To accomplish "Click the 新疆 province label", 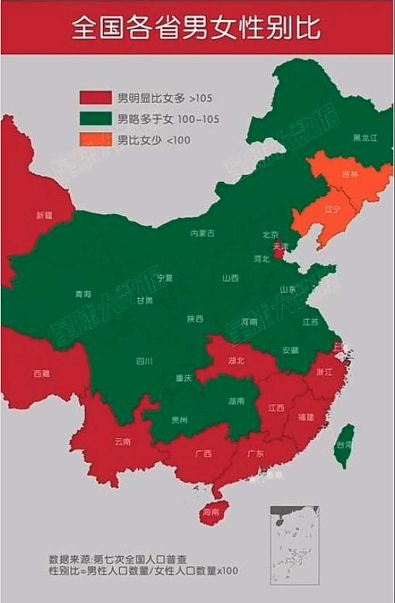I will click(x=44, y=216).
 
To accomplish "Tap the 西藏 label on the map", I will click(x=42, y=374).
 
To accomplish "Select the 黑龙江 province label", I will click(x=366, y=138).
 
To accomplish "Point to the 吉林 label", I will click(x=350, y=174).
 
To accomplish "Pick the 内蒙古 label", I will click(x=203, y=233).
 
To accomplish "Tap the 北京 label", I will click(x=271, y=235).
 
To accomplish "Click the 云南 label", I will click(x=123, y=442).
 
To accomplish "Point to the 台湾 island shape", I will click(x=346, y=445).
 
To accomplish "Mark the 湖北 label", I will click(x=236, y=361).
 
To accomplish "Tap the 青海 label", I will click(x=83, y=294).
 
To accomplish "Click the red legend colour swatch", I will click(x=96, y=98).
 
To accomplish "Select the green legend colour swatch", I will click(x=96, y=118).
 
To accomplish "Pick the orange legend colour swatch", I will click(x=96, y=139).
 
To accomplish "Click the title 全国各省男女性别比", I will click(x=197, y=28).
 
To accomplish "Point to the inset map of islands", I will click(x=295, y=545).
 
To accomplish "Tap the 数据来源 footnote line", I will click(x=118, y=560).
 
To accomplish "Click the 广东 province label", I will click(x=255, y=454).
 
